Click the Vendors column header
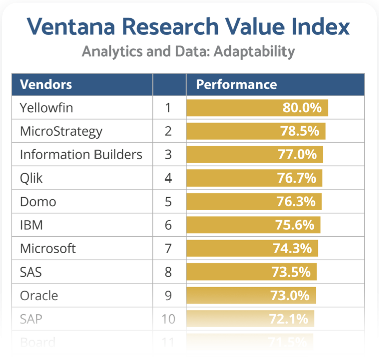point(46,84)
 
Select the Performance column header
point(236,84)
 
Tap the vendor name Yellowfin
point(46,108)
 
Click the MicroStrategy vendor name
point(61,131)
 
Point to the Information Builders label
point(81,155)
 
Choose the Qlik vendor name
point(31,178)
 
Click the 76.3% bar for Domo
point(254,202)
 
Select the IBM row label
point(31,225)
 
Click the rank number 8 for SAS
point(168,272)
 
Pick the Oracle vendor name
point(39,296)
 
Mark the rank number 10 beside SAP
point(168,319)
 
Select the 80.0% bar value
point(302,108)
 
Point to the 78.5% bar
point(256,131)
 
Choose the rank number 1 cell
point(168,108)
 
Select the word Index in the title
point(322,27)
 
